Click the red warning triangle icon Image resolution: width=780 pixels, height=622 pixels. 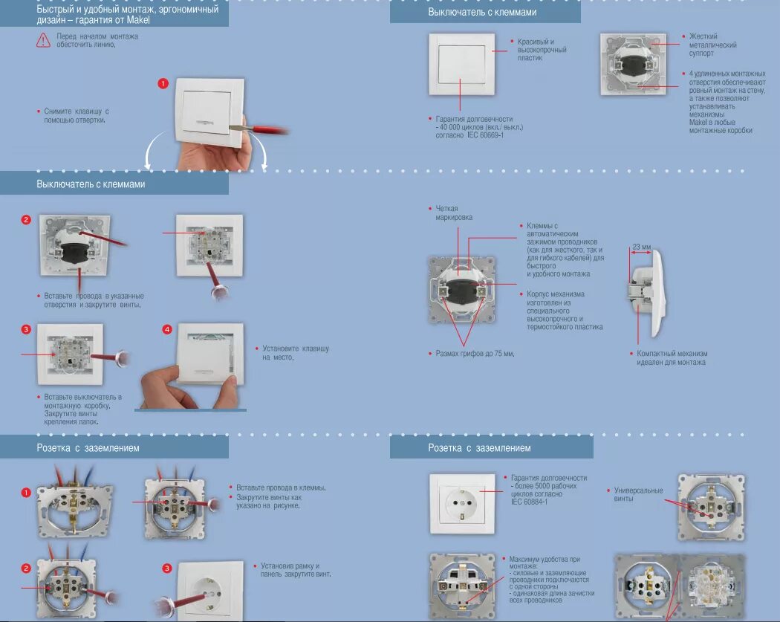(44, 40)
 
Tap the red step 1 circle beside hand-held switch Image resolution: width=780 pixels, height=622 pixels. (163, 83)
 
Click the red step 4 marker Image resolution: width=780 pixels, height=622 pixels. (167, 328)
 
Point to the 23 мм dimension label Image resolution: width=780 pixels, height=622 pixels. (641, 246)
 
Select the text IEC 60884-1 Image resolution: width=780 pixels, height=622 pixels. (529, 502)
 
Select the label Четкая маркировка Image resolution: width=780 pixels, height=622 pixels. (453, 213)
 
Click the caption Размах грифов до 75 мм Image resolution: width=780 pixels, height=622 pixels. (475, 353)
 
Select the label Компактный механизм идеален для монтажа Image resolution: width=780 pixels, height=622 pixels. (672, 357)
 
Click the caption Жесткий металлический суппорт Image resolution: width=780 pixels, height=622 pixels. (712, 45)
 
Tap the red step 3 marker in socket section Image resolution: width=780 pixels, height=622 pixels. (166, 568)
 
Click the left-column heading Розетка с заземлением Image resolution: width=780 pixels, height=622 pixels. (88, 447)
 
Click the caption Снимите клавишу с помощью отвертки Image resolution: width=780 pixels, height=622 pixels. (77, 115)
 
